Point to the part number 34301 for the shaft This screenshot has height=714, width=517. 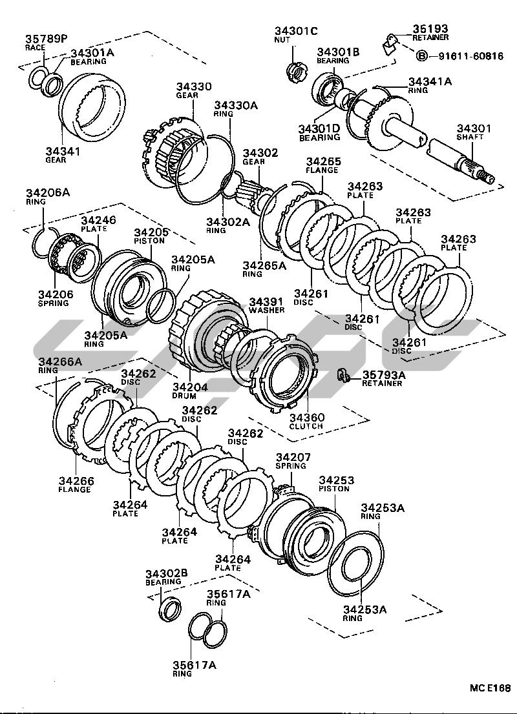pos(474,128)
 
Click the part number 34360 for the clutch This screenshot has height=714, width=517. pos(306,418)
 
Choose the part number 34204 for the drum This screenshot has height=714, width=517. pos(189,387)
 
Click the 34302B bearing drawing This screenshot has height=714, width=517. pos(171,608)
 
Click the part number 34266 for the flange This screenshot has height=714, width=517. pos(76,481)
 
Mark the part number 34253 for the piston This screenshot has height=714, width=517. pos(336,480)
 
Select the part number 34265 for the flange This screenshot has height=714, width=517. pos(323,161)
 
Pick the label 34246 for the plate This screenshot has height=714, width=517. pos(98,220)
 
